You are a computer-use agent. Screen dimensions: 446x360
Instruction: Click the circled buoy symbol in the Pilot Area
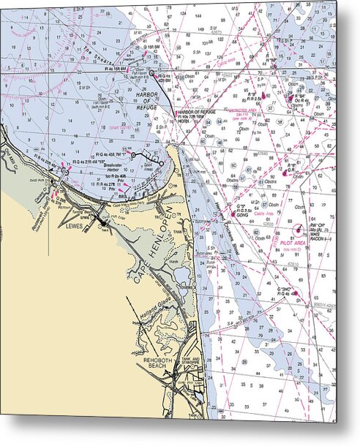(298, 230)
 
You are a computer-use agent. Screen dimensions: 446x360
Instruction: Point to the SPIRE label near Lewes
(86, 217)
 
